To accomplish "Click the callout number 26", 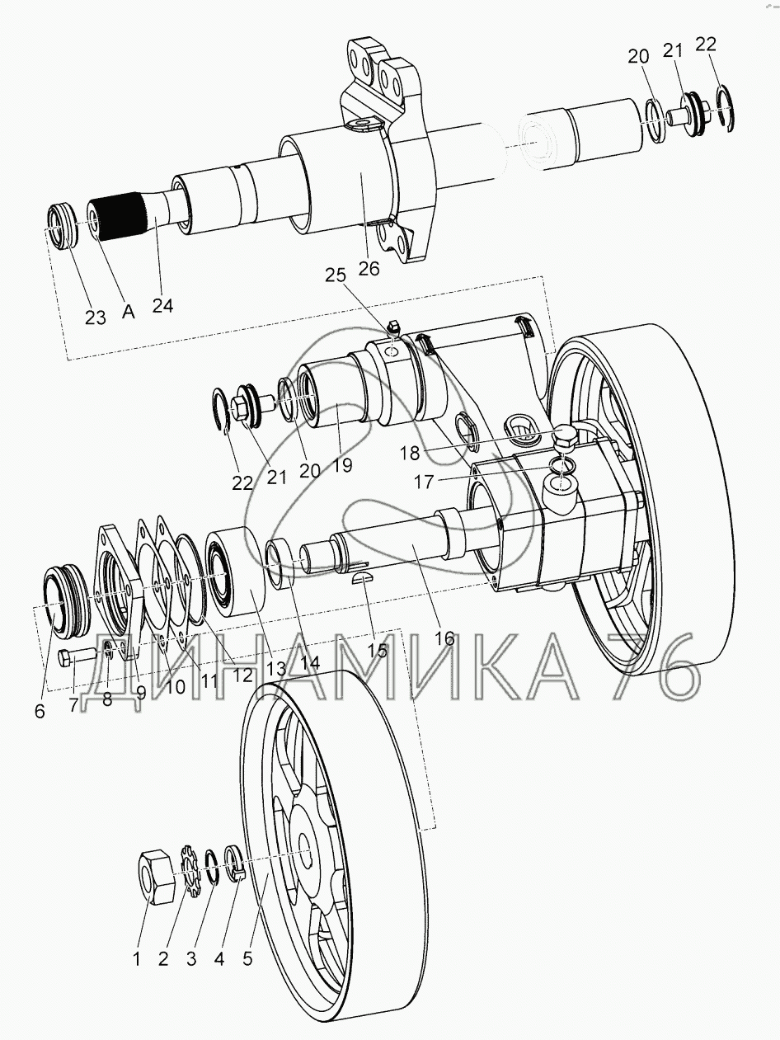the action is tap(369, 268).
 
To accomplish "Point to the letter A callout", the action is tap(129, 311).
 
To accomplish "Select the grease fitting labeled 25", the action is tap(392, 327).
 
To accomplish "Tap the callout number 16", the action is tap(444, 638).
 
